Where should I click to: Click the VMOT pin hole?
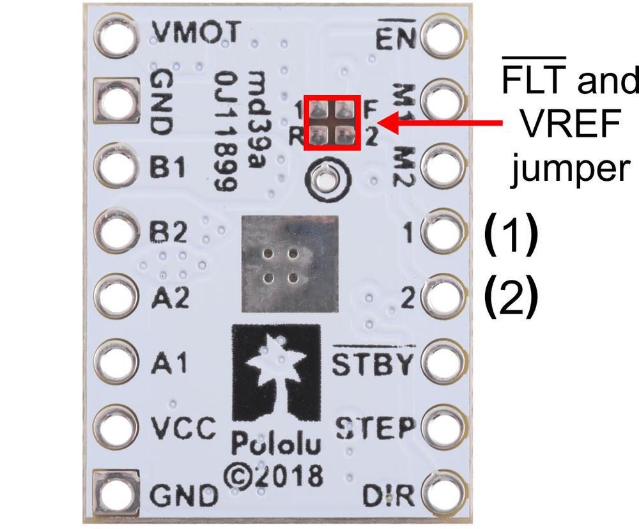click(x=116, y=34)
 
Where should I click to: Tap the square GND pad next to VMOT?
click(x=116, y=100)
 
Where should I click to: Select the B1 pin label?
click(x=168, y=166)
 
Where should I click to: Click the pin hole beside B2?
click(x=116, y=230)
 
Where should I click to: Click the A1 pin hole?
click(x=116, y=361)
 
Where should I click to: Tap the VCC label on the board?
click(x=183, y=427)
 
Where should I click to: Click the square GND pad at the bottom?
click(x=116, y=493)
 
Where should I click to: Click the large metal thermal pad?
click(x=289, y=264)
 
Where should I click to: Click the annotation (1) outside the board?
click(x=511, y=233)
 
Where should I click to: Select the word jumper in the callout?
click(x=571, y=169)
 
